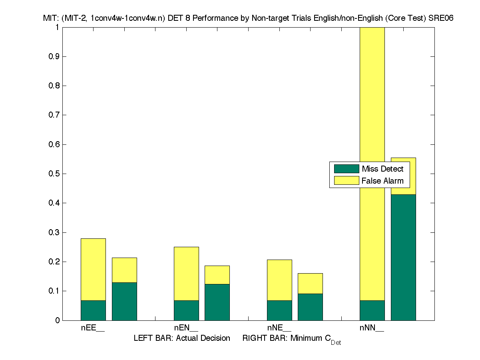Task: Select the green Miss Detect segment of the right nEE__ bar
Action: (x=124, y=301)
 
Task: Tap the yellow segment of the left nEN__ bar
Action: (x=186, y=274)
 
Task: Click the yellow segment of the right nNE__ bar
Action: (x=310, y=283)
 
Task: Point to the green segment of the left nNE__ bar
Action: (x=279, y=310)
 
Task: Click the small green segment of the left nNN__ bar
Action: (x=372, y=310)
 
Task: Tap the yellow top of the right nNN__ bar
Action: (x=403, y=176)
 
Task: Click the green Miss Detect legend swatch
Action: (x=347, y=169)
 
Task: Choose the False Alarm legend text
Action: (x=382, y=181)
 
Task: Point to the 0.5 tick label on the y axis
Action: (x=54, y=174)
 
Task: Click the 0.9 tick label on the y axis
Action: (x=54, y=56)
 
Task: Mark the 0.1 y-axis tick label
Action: (x=54, y=291)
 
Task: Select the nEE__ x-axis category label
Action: (x=93, y=328)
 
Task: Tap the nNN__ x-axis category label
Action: (x=372, y=328)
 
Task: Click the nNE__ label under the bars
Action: (x=279, y=328)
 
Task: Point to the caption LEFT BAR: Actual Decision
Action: (x=182, y=338)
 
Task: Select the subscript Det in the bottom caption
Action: (x=336, y=343)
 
